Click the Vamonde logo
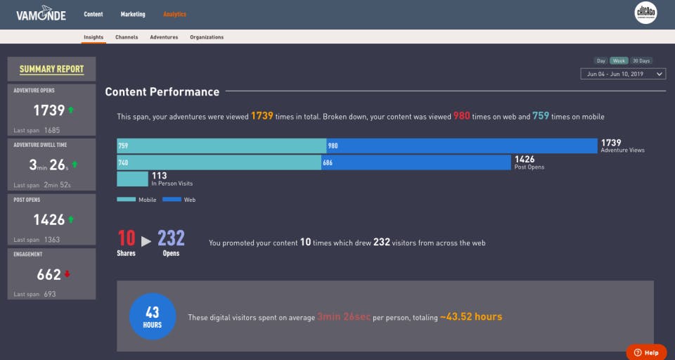pyautogui.click(x=41, y=14)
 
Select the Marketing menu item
pyautogui.click(x=133, y=14)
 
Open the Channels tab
pyautogui.click(x=127, y=37)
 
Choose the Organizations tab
pyautogui.click(x=207, y=37)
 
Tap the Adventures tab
pyautogui.click(x=164, y=37)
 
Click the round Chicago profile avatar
pyautogui.click(x=645, y=13)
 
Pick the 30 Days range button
pyautogui.click(x=641, y=60)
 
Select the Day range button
pyautogui.click(x=601, y=60)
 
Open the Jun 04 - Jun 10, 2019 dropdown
pyautogui.click(x=623, y=74)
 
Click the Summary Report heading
pyautogui.click(x=51, y=69)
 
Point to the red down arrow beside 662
pyautogui.click(x=67, y=274)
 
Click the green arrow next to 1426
pyautogui.click(x=70, y=219)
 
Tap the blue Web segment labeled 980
pyautogui.click(x=462, y=146)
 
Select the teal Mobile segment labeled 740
pyautogui.click(x=219, y=162)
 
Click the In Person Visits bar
pyautogui.click(x=132, y=179)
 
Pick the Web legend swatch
pyautogui.click(x=172, y=200)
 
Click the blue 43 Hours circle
pyautogui.click(x=153, y=316)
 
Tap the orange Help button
pyautogui.click(x=646, y=352)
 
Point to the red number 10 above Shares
pyautogui.click(x=127, y=238)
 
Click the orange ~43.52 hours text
pyautogui.click(x=471, y=317)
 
